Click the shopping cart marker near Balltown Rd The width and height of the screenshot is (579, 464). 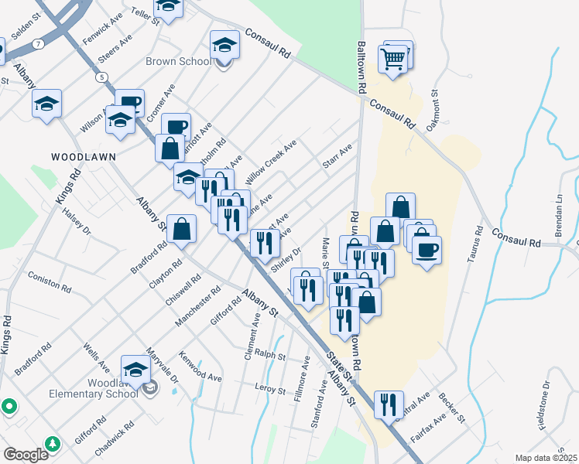392,60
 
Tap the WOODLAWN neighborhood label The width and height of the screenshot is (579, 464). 84,156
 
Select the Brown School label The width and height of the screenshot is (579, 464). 178,62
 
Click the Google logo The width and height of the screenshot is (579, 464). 25,454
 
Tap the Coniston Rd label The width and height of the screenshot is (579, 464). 49,283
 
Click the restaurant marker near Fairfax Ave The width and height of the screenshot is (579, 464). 388,404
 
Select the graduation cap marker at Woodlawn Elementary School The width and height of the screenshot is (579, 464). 135,370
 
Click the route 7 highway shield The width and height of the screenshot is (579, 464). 37,44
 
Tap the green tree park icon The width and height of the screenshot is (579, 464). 53,444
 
